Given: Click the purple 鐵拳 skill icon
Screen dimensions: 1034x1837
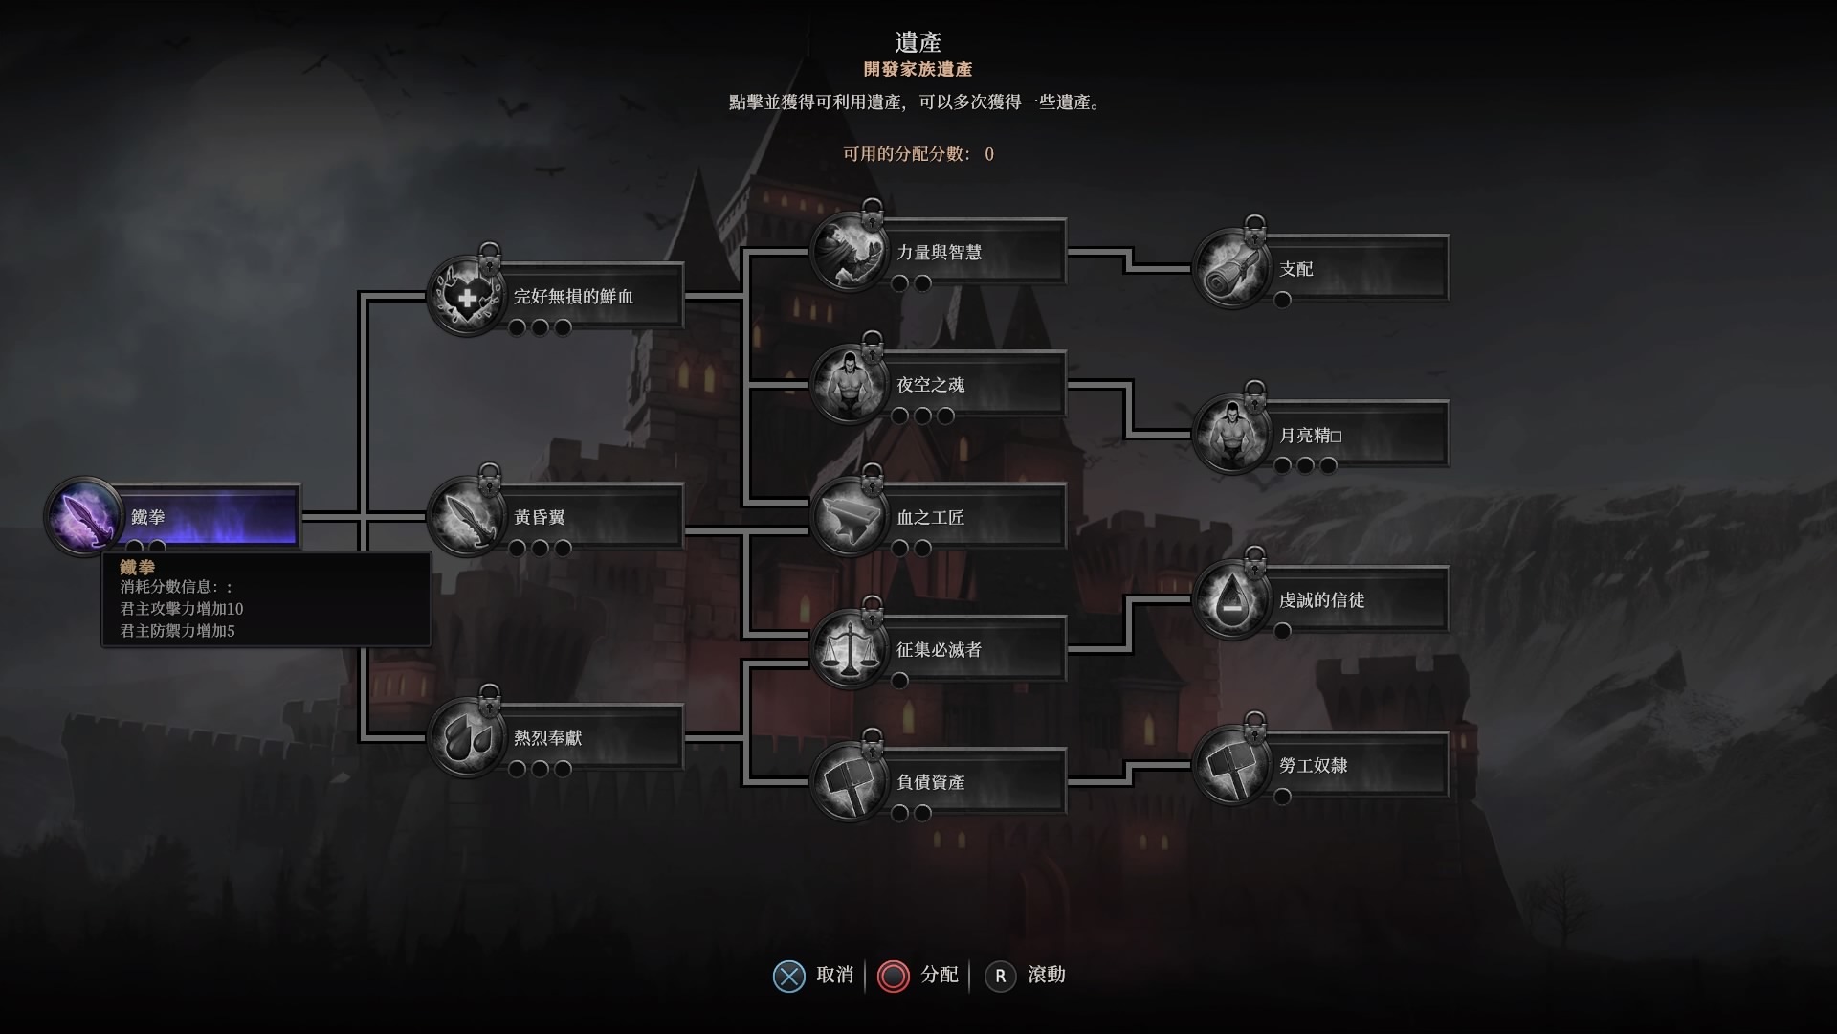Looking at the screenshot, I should (x=83, y=517).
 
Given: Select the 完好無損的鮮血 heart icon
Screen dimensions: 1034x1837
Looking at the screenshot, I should (x=466, y=297).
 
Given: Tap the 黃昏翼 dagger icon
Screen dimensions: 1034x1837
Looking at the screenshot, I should (x=466, y=517).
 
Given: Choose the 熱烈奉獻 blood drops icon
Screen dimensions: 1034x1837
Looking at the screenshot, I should (x=466, y=737).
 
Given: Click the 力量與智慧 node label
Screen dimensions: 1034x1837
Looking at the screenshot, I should (x=939, y=253).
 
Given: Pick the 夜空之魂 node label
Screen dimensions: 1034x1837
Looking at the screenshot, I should (x=930, y=385).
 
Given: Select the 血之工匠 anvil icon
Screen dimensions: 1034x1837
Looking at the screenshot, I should (x=849, y=517).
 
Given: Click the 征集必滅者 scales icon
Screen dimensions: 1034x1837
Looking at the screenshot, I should (x=849, y=649).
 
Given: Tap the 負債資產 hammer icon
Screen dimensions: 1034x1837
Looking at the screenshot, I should (x=849, y=782).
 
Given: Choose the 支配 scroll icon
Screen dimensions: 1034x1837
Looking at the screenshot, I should (x=1231, y=269).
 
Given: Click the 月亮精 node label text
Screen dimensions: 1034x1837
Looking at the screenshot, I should (x=1310, y=436).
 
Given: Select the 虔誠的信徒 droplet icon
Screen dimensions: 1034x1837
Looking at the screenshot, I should (x=1231, y=600).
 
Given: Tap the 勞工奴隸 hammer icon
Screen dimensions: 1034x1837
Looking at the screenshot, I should (x=1231, y=766).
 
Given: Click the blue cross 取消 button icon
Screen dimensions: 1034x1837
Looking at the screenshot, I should (x=788, y=976).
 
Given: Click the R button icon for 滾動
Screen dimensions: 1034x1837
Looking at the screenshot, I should (x=1000, y=976).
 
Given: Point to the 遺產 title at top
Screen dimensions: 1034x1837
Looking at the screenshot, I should (x=918, y=42).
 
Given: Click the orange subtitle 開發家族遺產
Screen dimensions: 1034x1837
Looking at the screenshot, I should (x=918, y=69).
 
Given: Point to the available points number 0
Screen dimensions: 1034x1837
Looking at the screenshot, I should (x=989, y=154).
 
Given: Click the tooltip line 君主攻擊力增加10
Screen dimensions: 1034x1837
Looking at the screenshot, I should (x=182, y=609).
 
